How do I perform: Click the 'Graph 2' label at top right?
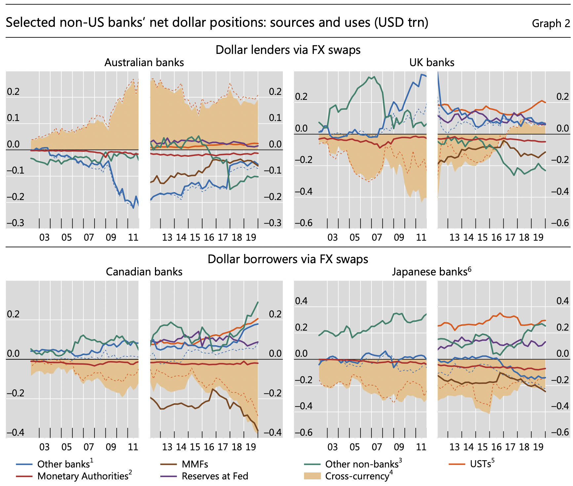(x=551, y=23)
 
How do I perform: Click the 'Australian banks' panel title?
(x=144, y=62)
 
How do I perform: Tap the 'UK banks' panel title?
(x=432, y=62)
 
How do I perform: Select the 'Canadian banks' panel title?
(x=144, y=272)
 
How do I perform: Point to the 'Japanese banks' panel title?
(x=430, y=272)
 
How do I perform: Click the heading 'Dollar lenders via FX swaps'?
(x=288, y=50)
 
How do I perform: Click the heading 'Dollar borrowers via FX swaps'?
(x=288, y=259)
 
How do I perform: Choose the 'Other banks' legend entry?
(x=63, y=464)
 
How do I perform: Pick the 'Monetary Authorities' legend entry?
(x=83, y=476)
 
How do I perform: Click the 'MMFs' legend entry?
(x=195, y=464)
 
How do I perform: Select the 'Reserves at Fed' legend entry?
(x=215, y=476)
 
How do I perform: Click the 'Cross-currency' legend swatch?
(x=312, y=476)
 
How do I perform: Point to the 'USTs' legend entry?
(x=480, y=464)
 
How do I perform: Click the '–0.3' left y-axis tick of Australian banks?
(x=15, y=223)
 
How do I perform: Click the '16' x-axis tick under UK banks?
(x=496, y=237)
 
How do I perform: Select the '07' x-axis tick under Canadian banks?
(x=89, y=447)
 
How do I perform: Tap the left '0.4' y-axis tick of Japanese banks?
(x=301, y=301)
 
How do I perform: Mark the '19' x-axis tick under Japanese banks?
(x=538, y=447)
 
